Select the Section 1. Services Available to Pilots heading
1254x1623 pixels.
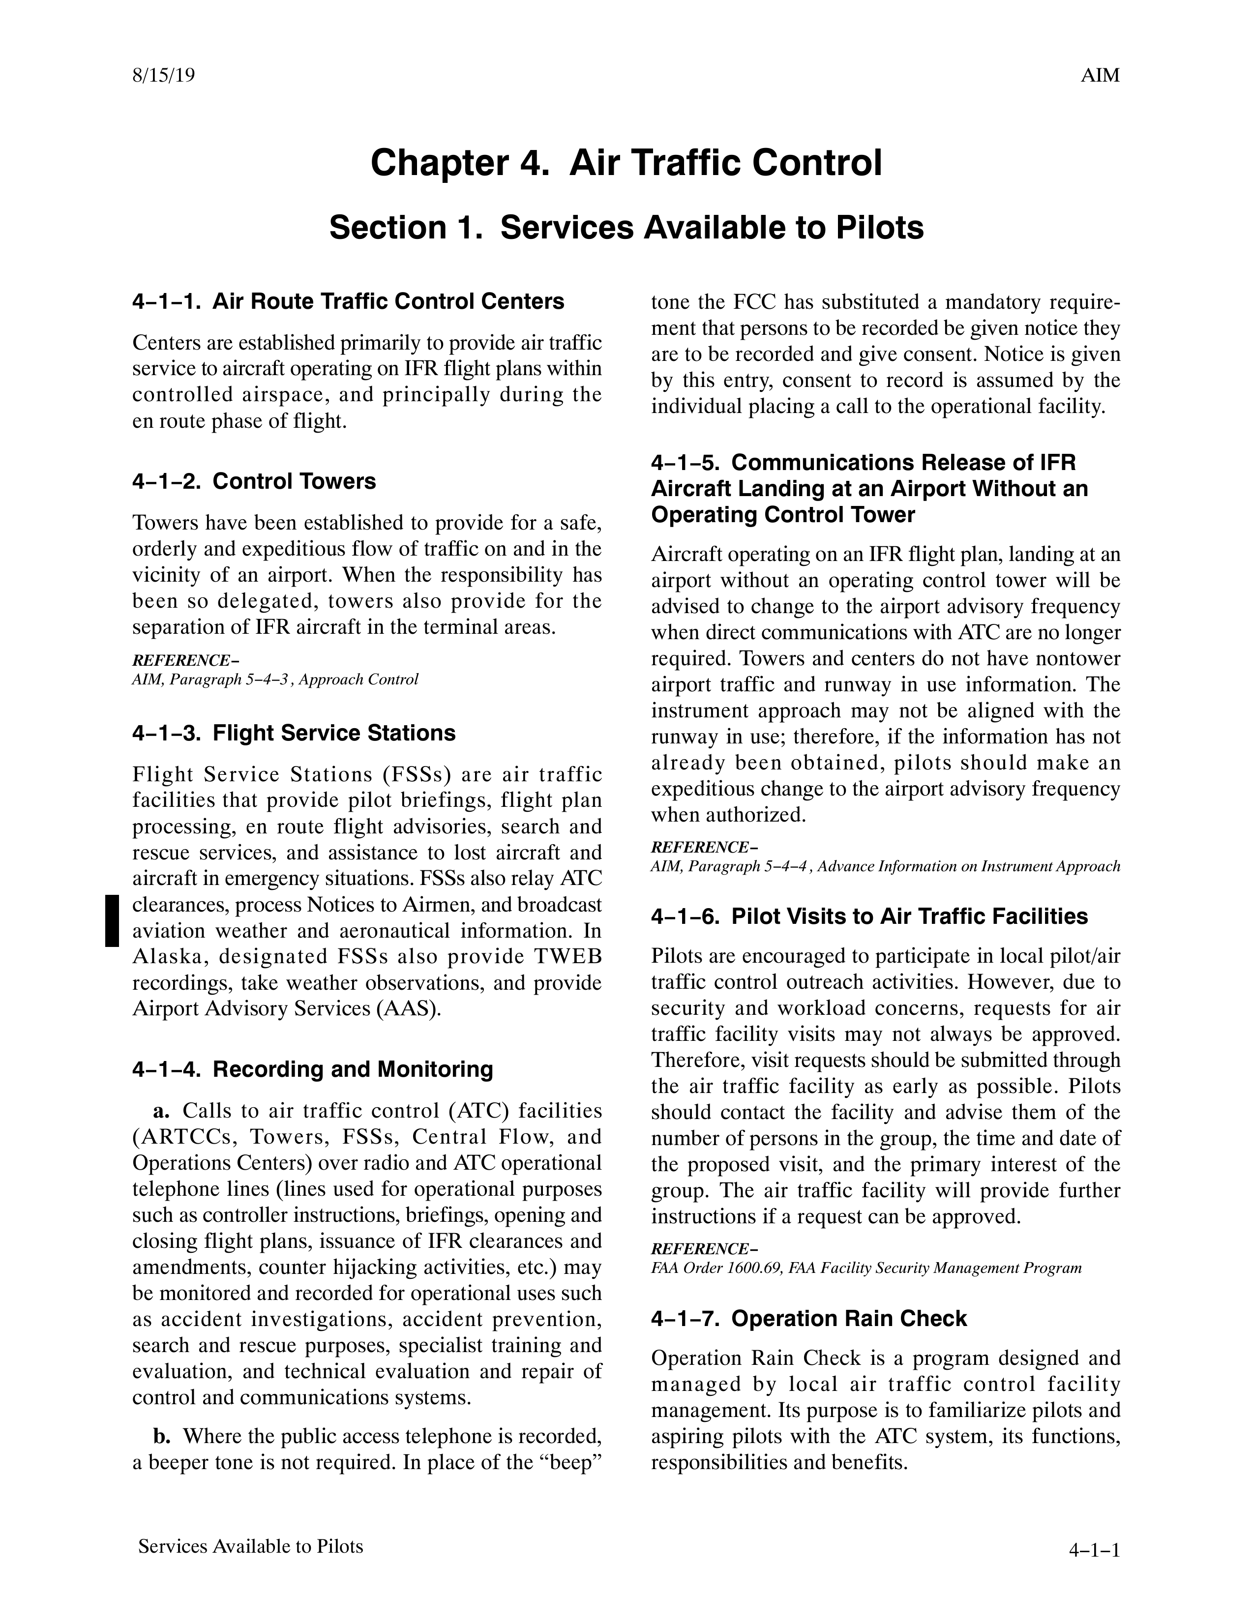[626, 228]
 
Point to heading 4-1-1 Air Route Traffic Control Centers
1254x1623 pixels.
[348, 302]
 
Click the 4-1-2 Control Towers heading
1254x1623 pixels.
[254, 481]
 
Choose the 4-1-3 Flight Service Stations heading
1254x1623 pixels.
[294, 734]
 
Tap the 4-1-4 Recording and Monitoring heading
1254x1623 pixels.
[312, 1069]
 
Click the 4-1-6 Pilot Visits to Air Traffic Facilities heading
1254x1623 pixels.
[869, 916]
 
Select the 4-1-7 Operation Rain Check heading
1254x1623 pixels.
[809, 1318]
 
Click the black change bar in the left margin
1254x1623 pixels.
[112, 921]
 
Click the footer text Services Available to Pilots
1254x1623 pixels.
[250, 1546]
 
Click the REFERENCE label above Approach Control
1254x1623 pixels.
[185, 660]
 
